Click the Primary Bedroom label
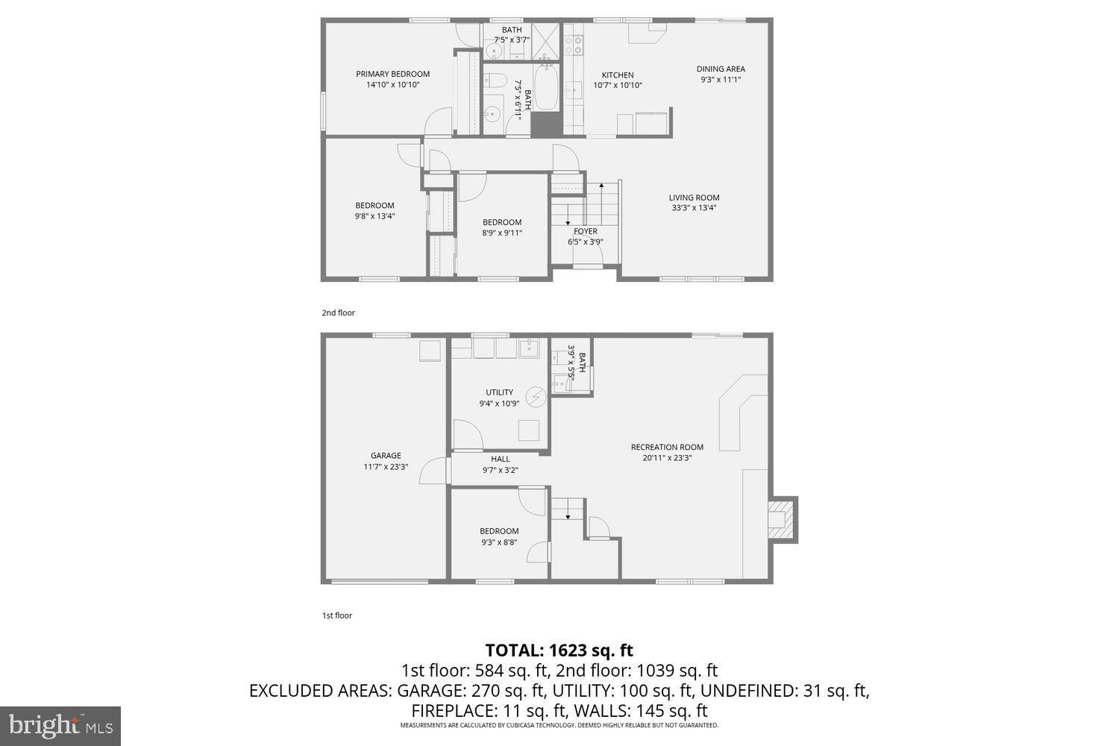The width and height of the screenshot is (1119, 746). click(392, 74)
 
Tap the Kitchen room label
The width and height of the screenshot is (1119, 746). click(618, 75)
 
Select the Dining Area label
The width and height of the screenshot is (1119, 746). click(721, 69)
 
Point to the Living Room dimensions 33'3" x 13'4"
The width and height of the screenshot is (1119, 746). click(695, 208)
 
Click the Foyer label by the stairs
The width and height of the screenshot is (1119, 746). click(586, 231)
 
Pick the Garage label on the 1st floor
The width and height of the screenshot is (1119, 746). click(386, 456)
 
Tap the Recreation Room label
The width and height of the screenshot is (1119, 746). click(667, 448)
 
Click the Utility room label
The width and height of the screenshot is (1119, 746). click(499, 392)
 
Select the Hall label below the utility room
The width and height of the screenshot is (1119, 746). click(501, 460)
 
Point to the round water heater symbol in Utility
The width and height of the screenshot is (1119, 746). click(536, 397)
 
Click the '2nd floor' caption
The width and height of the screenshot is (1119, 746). click(338, 313)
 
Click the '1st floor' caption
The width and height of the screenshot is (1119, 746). click(336, 615)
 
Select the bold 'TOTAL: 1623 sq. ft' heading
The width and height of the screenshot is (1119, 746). click(559, 650)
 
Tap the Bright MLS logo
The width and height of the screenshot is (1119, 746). click(60, 725)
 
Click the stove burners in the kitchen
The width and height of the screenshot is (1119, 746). click(573, 45)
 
